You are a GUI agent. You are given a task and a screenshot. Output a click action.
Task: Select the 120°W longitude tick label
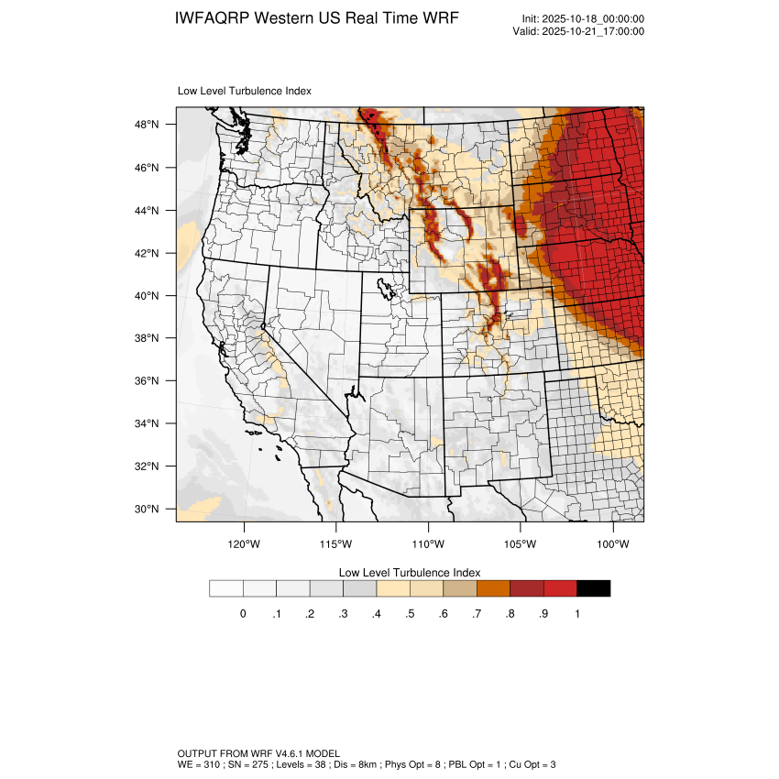(x=244, y=543)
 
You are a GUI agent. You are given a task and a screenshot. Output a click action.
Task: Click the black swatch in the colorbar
(x=593, y=588)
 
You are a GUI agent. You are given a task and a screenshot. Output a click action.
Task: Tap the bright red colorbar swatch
(x=560, y=588)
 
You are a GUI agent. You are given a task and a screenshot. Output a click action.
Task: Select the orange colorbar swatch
(x=493, y=588)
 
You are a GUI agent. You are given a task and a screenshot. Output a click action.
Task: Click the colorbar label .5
(x=410, y=614)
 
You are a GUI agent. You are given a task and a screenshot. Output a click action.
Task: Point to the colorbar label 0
(x=243, y=614)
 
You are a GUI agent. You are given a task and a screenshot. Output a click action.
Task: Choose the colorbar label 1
(x=576, y=614)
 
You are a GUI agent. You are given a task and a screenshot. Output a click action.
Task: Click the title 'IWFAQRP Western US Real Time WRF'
(x=316, y=18)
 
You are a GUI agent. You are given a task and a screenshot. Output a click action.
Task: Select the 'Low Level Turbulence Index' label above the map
(x=244, y=92)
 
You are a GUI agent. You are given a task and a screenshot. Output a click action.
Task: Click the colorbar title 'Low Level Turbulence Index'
(x=410, y=572)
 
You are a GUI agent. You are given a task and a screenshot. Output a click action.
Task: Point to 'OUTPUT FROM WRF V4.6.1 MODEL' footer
(x=258, y=752)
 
